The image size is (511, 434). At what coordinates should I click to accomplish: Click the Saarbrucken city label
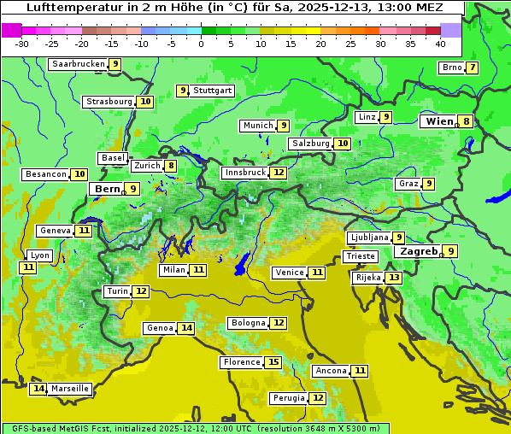[78, 64]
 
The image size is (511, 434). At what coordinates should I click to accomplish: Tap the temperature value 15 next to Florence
[273, 362]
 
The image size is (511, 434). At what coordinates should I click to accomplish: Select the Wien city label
[439, 121]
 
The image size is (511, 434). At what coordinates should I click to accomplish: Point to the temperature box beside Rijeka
[393, 278]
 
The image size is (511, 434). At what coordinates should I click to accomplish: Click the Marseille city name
[70, 389]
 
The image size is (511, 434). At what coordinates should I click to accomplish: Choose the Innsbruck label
[244, 173]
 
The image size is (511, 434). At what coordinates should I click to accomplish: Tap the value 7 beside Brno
[472, 68]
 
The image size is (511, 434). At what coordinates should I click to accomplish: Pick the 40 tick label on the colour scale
[440, 44]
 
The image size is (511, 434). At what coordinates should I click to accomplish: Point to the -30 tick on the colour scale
[22, 44]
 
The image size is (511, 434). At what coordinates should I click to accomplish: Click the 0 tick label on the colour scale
[202, 44]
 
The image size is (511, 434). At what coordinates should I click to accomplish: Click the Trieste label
[360, 256]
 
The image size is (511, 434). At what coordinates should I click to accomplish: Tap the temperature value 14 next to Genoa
[186, 328]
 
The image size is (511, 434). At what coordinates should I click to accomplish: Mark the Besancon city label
[46, 174]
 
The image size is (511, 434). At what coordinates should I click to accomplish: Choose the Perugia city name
[288, 398]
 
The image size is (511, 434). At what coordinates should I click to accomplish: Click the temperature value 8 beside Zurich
[171, 166]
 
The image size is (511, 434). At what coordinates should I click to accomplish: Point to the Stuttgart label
[213, 91]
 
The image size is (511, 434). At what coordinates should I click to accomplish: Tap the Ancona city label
[331, 371]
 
